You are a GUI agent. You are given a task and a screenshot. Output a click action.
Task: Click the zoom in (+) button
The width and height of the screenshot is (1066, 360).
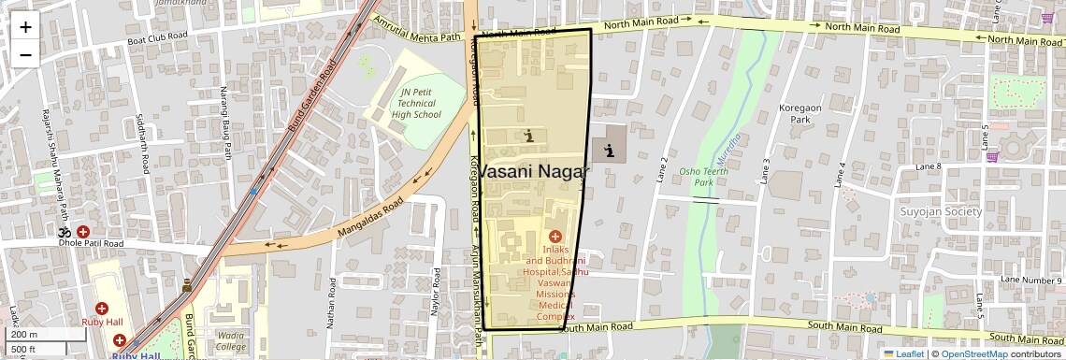point(25,27)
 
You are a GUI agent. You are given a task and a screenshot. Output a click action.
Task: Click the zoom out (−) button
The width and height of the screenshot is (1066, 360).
point(25,54)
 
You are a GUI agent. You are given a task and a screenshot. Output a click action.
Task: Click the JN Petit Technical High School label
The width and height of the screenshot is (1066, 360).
point(416,103)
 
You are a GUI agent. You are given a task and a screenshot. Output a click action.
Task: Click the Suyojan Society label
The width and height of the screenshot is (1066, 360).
point(941,212)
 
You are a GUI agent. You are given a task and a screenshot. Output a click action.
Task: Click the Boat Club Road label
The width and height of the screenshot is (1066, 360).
point(157,38)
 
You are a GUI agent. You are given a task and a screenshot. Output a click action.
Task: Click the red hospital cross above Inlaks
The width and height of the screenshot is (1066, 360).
point(555,236)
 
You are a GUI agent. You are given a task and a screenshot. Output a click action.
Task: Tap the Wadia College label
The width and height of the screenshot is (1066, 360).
point(230,339)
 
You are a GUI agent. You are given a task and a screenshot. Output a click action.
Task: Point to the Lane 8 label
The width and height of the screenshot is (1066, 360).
point(928,166)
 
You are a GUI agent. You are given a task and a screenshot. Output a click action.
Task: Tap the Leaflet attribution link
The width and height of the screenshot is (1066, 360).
point(904,353)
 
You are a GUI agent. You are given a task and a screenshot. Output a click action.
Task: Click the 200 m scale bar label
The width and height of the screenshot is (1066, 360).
point(24,334)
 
